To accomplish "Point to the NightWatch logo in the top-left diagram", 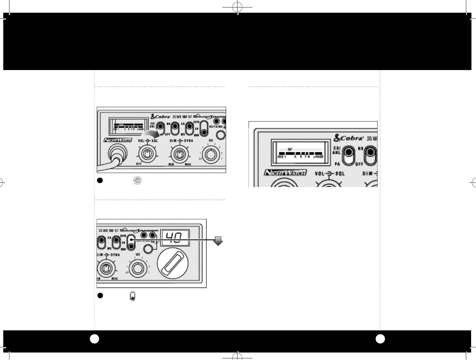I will (117, 140).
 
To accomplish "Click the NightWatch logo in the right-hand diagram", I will (285, 172).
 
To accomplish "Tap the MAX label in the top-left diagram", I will (188, 165).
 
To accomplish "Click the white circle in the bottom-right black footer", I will (380, 339).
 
